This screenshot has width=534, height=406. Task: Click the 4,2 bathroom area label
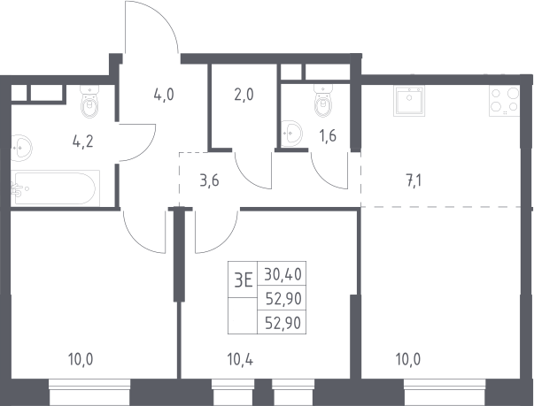click(82, 142)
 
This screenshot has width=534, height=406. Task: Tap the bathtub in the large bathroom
click(55, 188)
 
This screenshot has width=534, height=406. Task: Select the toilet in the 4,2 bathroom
click(90, 102)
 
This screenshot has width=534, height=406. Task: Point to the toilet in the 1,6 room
click(323, 101)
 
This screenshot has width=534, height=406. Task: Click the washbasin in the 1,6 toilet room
click(291, 133)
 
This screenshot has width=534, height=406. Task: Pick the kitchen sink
click(409, 101)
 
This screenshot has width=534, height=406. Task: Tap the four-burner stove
click(505, 101)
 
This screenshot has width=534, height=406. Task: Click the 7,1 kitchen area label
click(414, 180)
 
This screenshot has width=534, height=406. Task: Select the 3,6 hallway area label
click(209, 180)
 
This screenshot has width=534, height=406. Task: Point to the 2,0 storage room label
click(244, 95)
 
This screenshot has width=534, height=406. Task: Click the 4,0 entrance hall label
click(164, 95)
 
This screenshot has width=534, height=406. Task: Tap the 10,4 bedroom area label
click(240, 359)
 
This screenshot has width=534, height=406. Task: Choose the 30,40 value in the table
click(282, 274)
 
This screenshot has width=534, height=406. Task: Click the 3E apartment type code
click(244, 281)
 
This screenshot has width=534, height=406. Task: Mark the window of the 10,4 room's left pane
click(233, 392)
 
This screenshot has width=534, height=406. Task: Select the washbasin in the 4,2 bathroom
click(20, 148)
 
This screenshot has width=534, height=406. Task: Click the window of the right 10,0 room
click(445, 392)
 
